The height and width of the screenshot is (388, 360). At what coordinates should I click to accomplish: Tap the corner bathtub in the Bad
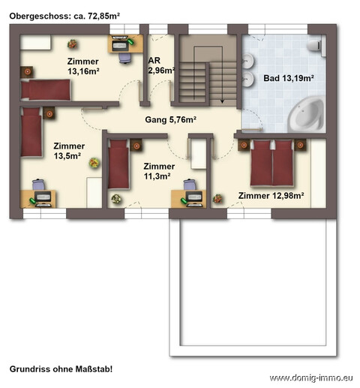(306, 116)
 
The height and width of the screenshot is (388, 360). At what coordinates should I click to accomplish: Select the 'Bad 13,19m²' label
(289, 78)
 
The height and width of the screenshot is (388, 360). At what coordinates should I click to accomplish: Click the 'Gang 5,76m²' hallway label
(170, 119)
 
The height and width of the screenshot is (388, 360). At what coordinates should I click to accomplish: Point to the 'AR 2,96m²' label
(161, 65)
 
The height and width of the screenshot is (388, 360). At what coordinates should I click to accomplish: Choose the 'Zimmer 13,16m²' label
(83, 66)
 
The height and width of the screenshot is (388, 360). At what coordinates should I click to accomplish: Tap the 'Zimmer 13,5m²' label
(69, 151)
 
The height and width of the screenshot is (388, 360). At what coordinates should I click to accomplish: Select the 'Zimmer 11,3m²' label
(159, 171)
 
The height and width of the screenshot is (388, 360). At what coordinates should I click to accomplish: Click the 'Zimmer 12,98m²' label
(271, 195)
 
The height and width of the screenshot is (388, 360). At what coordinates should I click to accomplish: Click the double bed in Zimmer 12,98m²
(271, 163)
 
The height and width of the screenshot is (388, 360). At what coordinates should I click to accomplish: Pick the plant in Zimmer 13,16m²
(72, 44)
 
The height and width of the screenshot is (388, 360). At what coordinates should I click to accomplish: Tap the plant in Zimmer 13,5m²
(94, 163)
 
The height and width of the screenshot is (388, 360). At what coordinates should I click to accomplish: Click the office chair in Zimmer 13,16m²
(125, 58)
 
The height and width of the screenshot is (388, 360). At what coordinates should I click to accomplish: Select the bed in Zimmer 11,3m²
(118, 164)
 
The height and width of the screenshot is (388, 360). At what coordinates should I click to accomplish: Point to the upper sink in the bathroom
(248, 61)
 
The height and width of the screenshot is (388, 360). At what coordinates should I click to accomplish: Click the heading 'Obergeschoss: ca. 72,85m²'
(64, 17)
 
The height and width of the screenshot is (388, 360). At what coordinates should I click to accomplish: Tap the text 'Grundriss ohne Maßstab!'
(61, 369)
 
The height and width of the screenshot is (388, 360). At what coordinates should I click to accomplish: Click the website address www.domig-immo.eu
(311, 377)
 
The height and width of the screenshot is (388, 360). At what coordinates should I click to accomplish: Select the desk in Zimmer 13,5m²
(38, 199)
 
